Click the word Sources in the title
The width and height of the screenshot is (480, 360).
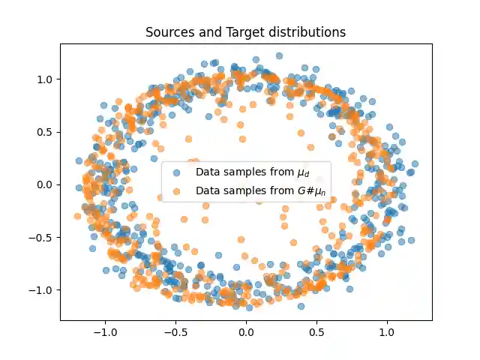click(166, 33)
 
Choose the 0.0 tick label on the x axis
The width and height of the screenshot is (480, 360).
click(246, 331)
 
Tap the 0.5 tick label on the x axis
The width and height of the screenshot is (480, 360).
click(316, 331)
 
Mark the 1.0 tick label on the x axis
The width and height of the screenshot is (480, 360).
click(387, 331)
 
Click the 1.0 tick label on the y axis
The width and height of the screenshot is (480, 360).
click(42, 79)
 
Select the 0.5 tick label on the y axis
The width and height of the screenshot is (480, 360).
click(42, 131)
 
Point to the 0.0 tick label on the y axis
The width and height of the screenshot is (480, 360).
click(42, 184)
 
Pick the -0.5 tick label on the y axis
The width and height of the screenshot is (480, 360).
click(39, 237)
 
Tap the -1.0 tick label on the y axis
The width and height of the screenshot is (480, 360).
click(39, 289)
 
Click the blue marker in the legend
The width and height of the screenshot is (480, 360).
click(177, 172)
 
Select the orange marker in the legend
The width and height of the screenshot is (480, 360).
click(177, 191)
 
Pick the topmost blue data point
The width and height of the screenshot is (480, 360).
click(279, 55)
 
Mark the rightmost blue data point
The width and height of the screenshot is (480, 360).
click(415, 163)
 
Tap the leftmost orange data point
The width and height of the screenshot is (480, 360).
click(77, 216)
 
